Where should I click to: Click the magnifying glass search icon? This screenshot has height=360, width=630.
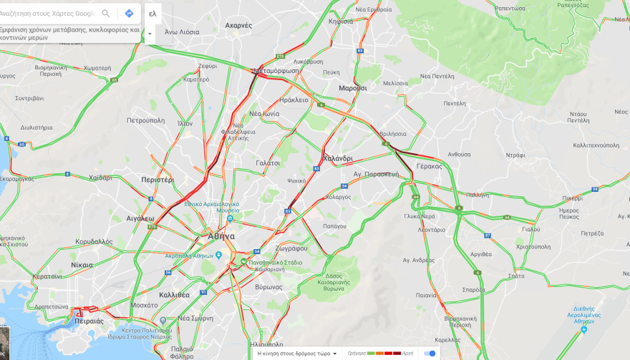(x=106, y=14)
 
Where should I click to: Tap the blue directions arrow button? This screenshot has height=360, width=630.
(x=129, y=14)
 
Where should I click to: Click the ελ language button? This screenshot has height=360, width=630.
(x=152, y=14)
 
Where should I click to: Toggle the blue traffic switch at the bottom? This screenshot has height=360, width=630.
(x=430, y=354)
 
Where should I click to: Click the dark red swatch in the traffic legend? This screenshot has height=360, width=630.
(x=397, y=354)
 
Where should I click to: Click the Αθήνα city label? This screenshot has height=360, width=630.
(x=221, y=236)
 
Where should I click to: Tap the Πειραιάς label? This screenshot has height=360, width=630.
(x=89, y=321)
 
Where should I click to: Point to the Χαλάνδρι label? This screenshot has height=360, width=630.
(x=338, y=158)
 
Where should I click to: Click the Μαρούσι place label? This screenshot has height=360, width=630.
(x=352, y=88)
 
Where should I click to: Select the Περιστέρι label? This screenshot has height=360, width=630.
(x=157, y=180)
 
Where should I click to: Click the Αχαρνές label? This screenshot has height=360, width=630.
(x=238, y=25)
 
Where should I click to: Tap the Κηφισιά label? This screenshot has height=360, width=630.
(x=341, y=21)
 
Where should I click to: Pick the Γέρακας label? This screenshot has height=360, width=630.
(x=429, y=165)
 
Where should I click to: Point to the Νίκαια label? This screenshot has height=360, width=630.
(x=82, y=265)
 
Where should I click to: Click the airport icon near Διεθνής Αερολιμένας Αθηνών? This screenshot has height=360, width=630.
(x=583, y=329)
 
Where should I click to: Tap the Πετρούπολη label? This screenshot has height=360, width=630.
(x=146, y=120)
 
